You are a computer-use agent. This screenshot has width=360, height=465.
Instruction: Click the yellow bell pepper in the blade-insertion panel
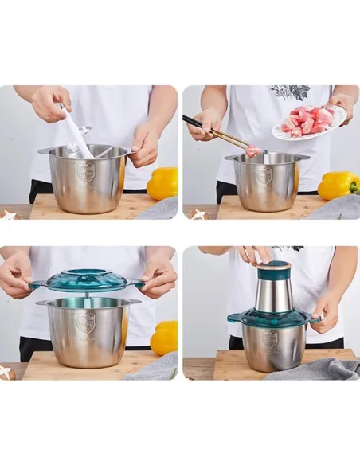tap(163, 183)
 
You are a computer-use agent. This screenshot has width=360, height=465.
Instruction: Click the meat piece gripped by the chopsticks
tap(252, 151)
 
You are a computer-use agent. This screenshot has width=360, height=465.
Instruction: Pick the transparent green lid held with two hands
tap(87, 280)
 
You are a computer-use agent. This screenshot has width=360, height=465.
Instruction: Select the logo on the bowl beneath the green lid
tap(85, 322)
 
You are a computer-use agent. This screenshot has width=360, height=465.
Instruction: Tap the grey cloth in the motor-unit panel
tap(315, 368)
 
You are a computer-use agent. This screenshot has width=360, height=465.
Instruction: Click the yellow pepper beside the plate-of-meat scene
tap(338, 186)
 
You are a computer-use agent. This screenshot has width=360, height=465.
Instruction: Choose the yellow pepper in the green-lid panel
tap(165, 338)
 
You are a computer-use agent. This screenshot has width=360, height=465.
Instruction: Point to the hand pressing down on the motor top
tap(255, 254)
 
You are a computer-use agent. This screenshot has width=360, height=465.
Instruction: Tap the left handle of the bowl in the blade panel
tap(43, 150)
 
